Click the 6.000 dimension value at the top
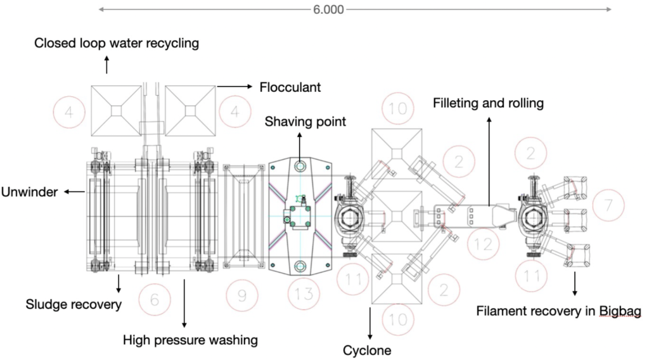328,10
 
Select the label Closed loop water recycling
117,43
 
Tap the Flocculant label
290,87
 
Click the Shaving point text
305,121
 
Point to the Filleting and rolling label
488,103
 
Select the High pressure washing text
190,340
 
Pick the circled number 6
155,299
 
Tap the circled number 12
484,245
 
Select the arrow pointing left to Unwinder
75,192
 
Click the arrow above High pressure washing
184,302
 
